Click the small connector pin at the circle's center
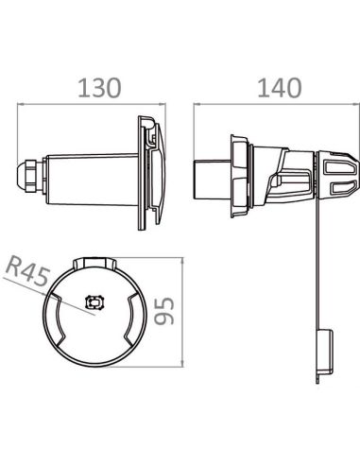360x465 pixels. tap(93, 302)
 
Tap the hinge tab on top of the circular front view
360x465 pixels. tap(92, 259)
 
